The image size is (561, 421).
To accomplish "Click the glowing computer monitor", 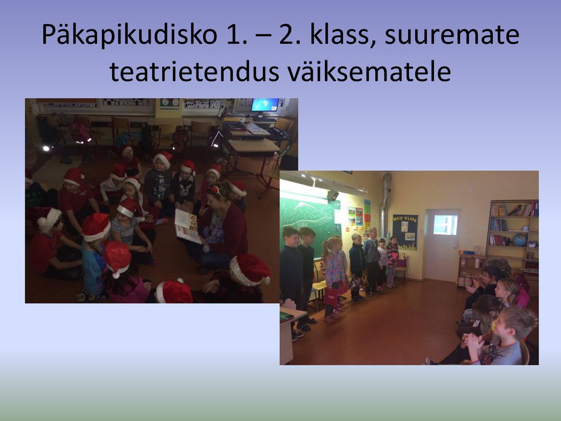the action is [x=265, y=105].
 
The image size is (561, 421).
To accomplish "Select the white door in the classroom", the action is [x=443, y=246].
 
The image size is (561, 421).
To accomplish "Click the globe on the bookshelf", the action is [x=520, y=240].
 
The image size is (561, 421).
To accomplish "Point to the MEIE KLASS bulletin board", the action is [x=405, y=232].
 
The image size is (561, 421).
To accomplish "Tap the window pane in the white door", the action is [x=445, y=225].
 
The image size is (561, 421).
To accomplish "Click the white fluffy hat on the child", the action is [x=49, y=219].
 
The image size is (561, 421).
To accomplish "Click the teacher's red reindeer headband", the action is [x=215, y=189].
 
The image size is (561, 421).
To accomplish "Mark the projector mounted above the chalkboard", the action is [x=333, y=196].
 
